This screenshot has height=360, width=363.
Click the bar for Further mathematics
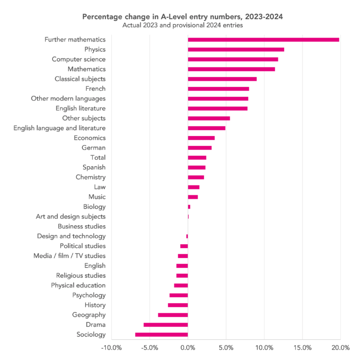coord(264,39)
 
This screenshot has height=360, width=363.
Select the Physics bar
coord(236,49)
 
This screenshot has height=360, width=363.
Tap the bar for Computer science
coord(233,59)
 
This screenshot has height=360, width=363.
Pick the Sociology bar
coord(162,334)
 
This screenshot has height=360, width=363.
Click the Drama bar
coord(165,324)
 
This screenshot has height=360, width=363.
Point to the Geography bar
coord(173,315)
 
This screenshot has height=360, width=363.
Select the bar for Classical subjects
coord(222,79)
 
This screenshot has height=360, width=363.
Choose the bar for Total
coord(197,157)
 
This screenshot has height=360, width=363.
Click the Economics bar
coord(201,138)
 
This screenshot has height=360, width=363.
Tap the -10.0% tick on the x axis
coord(111,348)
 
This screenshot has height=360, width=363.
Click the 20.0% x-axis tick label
coord(340,348)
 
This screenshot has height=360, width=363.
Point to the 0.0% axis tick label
coord(188,348)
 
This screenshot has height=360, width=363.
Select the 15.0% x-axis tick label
coord(302,348)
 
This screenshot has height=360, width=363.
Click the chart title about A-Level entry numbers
coord(182,17)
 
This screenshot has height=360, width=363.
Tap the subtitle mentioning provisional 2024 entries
coord(182,26)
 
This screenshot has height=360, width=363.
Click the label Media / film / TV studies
coord(69,255)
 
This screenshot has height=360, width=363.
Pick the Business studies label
coord(81,226)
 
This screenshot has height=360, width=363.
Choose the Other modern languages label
coord(68,99)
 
